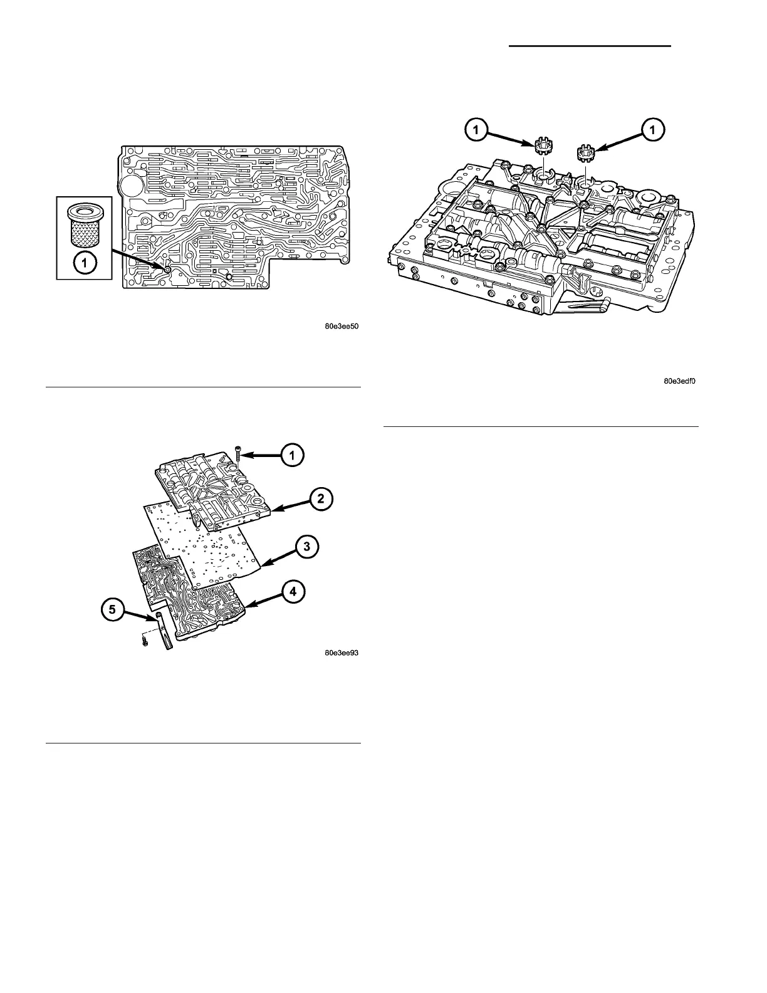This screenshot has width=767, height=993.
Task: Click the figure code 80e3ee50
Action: point(342,326)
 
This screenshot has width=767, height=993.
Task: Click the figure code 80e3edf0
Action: point(680,381)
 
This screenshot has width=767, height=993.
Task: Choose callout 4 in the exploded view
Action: point(293,591)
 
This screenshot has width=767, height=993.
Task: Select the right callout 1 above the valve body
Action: point(652,130)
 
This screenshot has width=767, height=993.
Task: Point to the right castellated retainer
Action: point(585,152)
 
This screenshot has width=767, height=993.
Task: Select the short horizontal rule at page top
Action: point(589,46)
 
